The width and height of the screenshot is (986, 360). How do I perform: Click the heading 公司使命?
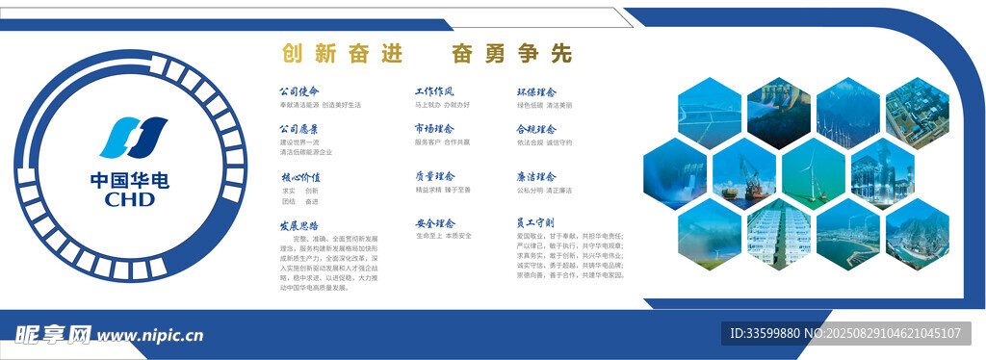point(298,91)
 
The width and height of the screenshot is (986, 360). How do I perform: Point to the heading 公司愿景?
point(298,129)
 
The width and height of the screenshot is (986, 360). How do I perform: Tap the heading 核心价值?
point(298,177)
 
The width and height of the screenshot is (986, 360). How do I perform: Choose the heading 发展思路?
point(298,224)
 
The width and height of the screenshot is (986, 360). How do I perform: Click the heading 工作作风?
point(434,91)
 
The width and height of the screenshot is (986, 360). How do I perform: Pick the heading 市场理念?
point(434,128)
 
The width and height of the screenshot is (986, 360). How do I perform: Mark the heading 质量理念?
point(434,176)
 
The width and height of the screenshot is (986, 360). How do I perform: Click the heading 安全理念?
point(434,223)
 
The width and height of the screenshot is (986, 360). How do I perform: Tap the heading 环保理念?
point(536,91)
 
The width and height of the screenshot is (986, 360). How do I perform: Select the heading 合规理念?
point(536,129)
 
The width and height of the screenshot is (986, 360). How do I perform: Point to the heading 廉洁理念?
point(536,177)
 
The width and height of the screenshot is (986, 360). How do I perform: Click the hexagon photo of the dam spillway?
point(675,173)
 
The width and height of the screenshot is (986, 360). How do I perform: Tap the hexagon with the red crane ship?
point(743,174)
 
